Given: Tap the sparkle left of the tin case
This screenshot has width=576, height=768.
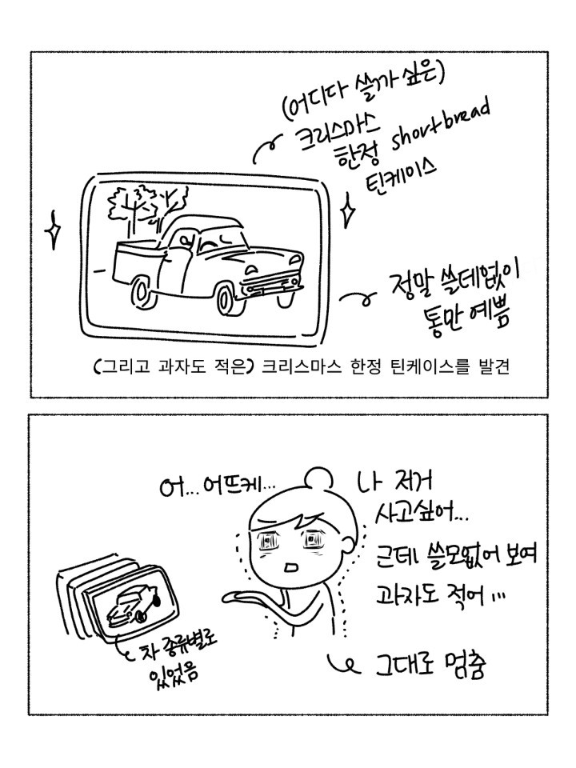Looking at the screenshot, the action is [x=53, y=230].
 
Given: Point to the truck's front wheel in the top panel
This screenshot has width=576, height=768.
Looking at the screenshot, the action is [x=228, y=298].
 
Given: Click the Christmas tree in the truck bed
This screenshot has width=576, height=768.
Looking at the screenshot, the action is [x=147, y=206].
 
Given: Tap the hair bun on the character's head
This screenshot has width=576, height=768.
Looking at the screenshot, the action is [x=318, y=478].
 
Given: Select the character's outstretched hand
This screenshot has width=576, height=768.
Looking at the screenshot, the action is [x=245, y=597].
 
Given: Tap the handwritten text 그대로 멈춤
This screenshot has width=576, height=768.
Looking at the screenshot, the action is [x=430, y=666].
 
